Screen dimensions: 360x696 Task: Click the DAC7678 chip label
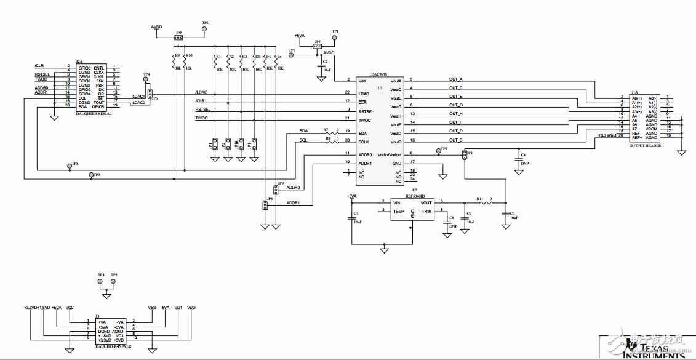pyautogui.click(x=379, y=73)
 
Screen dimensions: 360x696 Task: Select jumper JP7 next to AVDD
pyautogui.click(x=178, y=38)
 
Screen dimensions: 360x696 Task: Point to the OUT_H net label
pyautogui.click(x=455, y=113)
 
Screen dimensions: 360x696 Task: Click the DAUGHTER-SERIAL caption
pyautogui.click(x=94, y=114)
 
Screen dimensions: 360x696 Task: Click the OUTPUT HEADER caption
pyautogui.click(x=646, y=146)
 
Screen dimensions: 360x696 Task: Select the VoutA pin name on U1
pyautogui.click(x=396, y=81)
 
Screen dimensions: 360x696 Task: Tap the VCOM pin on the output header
pyautogui.click(x=652, y=129)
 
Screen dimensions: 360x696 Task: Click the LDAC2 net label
pyautogui.click(x=138, y=103)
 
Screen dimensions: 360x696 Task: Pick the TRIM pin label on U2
pyautogui.click(x=426, y=211)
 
